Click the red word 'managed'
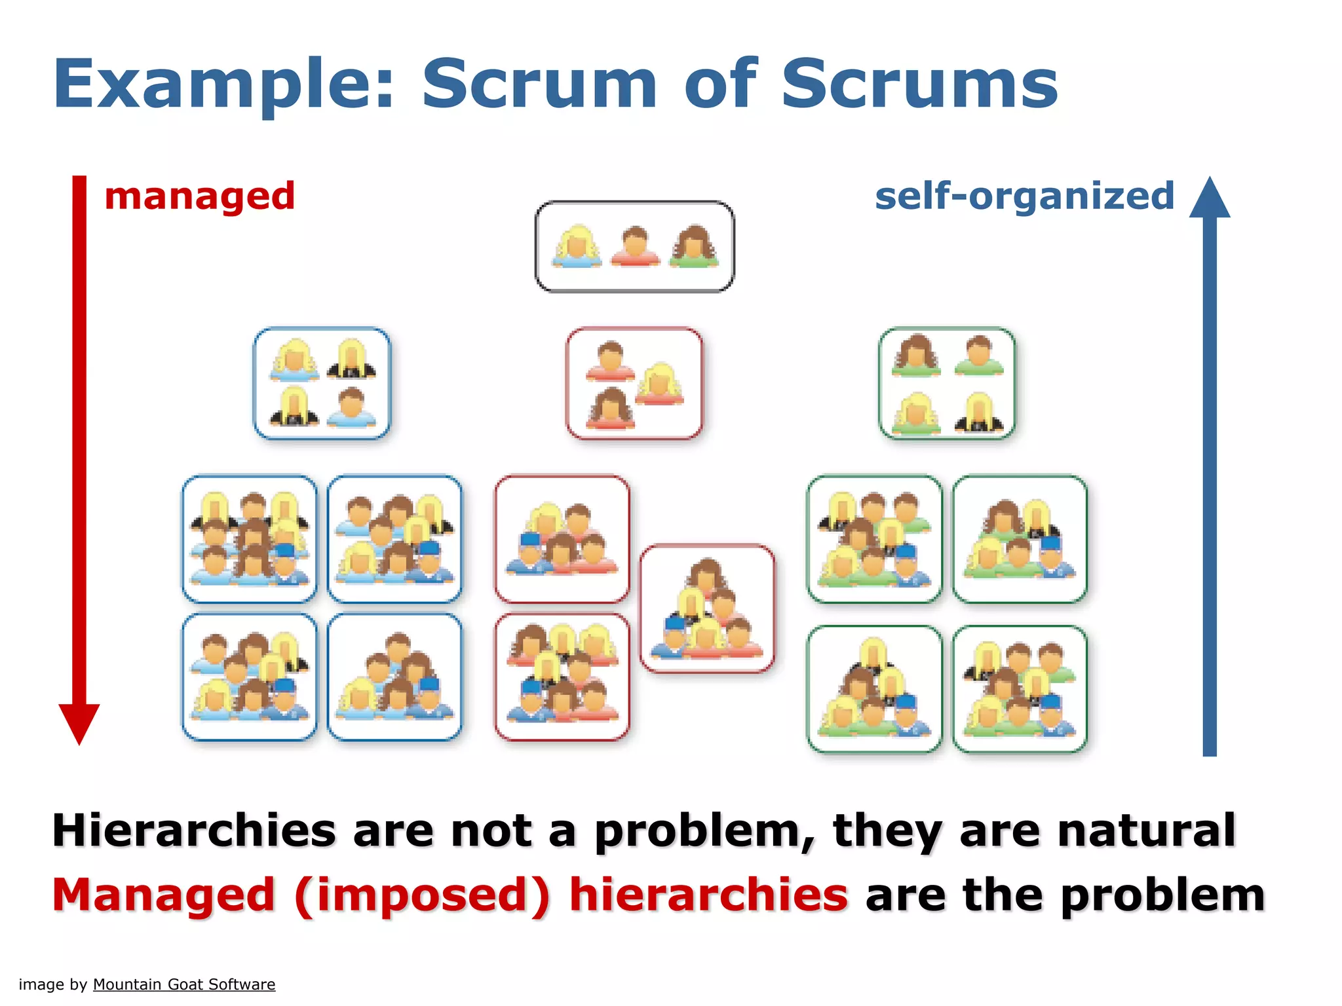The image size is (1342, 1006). pyautogui.click(x=200, y=196)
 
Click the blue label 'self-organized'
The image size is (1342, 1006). pyautogui.click(x=1024, y=196)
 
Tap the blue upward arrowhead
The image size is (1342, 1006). pyautogui.click(x=1210, y=198)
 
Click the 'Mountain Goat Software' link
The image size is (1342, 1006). pyautogui.click(x=184, y=984)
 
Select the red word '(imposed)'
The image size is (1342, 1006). pyautogui.click(x=422, y=896)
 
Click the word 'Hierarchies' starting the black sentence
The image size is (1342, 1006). pyautogui.click(x=194, y=830)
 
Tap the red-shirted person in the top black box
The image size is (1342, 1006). pyautogui.click(x=635, y=247)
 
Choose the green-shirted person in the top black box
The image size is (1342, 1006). pyautogui.click(x=694, y=247)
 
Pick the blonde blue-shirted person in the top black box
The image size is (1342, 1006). pyautogui.click(x=577, y=247)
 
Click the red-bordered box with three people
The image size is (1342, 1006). pyautogui.click(x=634, y=384)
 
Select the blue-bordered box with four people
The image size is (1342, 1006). pyautogui.click(x=322, y=384)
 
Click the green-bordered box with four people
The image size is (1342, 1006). pyautogui.click(x=947, y=384)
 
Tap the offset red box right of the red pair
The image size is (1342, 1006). pyautogui.click(x=707, y=608)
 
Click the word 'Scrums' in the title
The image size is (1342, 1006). pyautogui.click(x=919, y=85)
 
